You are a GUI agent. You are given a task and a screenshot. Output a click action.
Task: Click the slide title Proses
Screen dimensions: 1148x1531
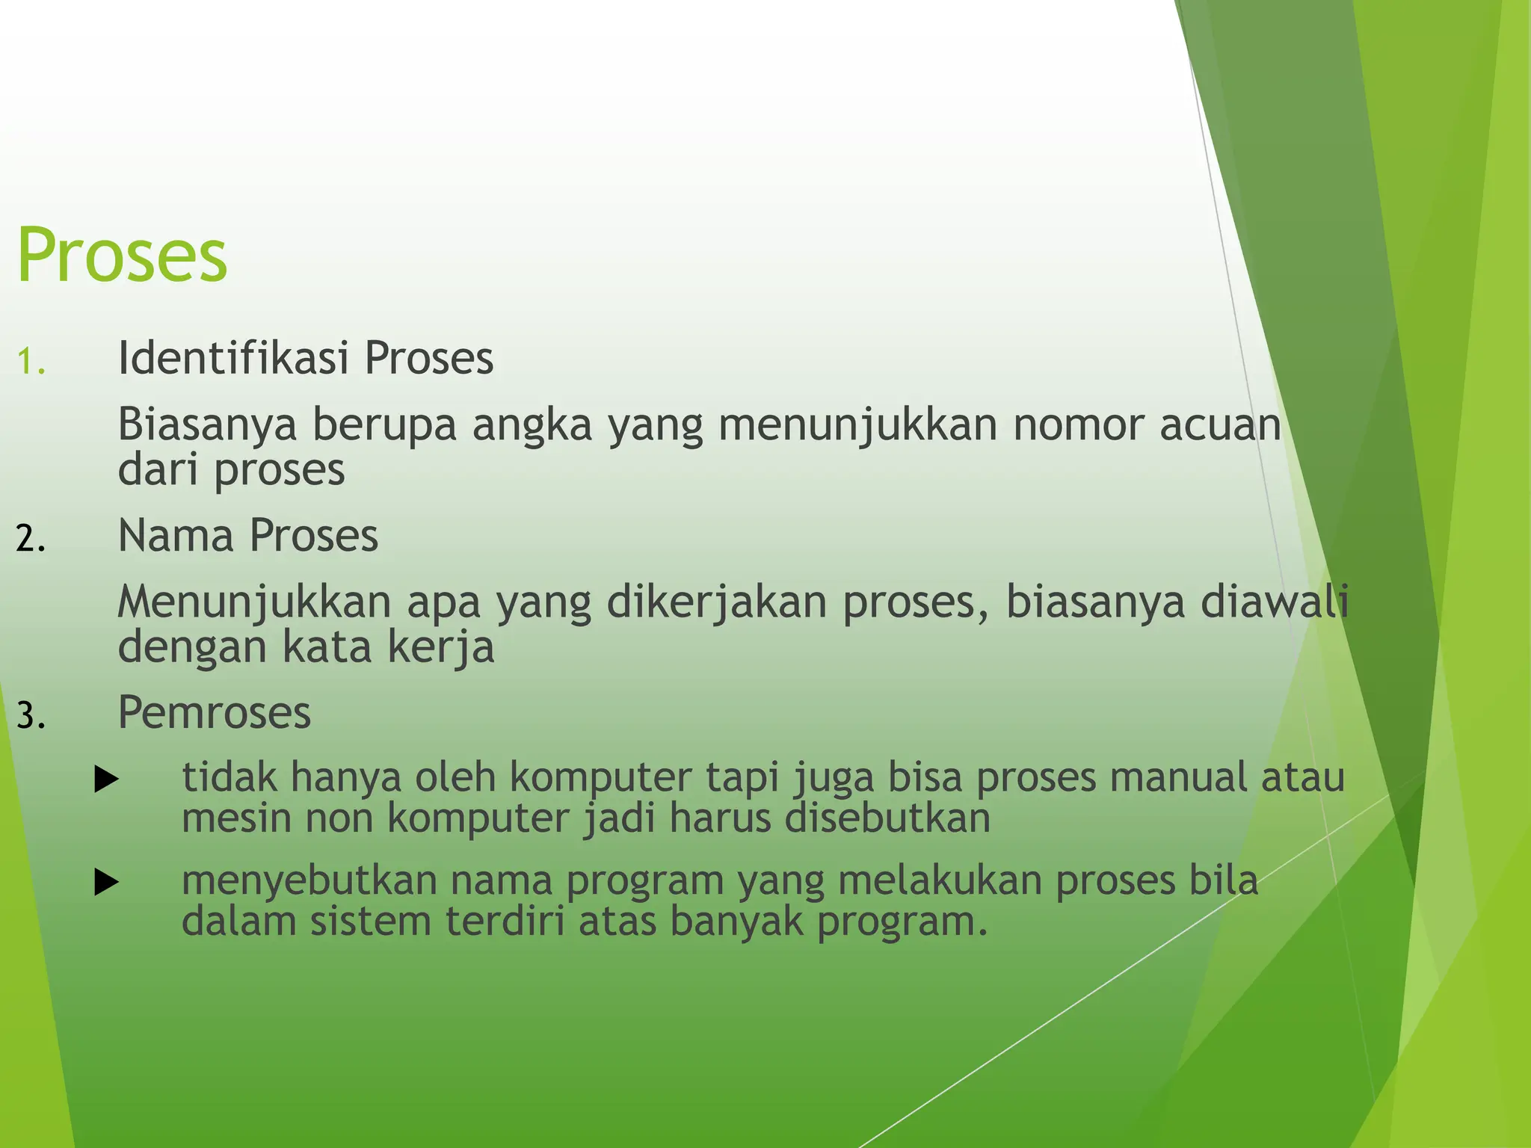122,256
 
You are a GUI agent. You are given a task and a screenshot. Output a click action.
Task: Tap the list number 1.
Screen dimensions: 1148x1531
31,362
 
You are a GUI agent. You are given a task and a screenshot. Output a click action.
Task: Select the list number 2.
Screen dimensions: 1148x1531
31,539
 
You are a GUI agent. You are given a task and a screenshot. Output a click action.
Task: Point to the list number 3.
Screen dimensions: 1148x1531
31,716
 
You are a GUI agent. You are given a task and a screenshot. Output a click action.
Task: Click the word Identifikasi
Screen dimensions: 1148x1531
233,357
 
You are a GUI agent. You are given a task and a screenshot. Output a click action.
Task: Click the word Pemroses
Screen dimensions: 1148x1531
214,712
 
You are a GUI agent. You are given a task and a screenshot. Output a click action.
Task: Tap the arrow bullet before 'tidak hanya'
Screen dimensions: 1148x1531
107,781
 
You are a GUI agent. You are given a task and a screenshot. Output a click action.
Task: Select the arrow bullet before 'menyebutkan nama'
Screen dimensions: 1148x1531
107,884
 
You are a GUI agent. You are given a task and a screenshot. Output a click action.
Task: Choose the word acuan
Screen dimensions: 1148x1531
1220,425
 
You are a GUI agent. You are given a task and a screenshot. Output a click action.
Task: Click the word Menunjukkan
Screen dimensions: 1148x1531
254,602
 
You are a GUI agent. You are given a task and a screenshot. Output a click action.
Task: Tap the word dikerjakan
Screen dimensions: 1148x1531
716,602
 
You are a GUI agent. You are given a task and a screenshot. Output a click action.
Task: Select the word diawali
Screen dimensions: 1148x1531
1275,602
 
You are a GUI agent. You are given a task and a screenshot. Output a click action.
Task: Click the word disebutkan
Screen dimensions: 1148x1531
887,818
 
